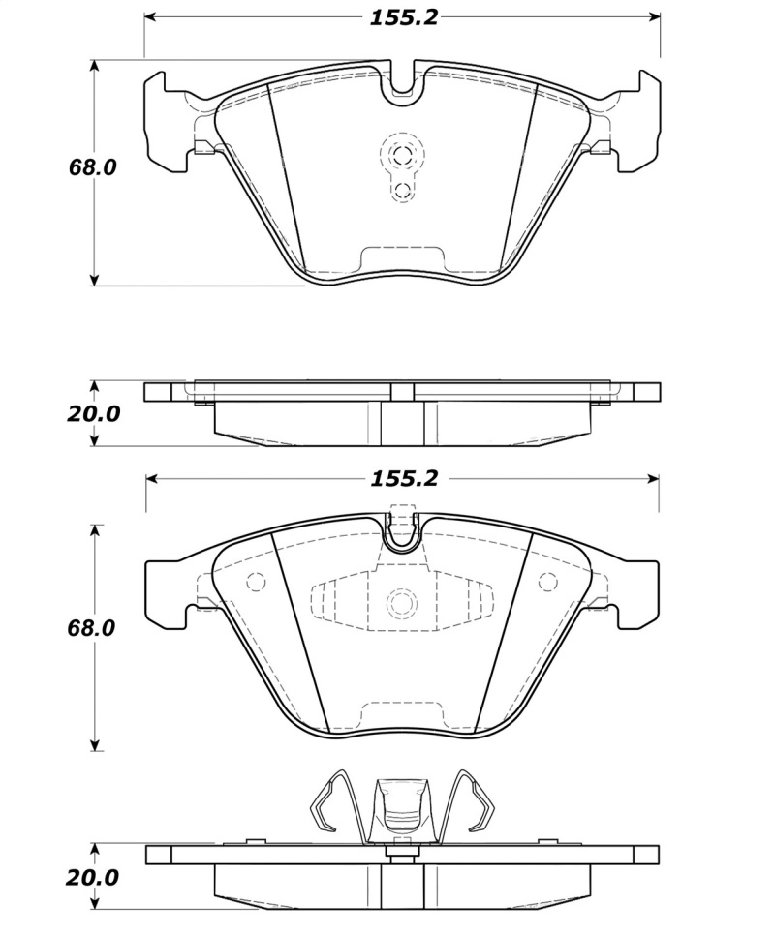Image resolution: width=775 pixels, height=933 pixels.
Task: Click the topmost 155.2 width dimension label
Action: click(x=403, y=18)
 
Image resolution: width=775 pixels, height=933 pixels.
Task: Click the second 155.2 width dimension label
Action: click(x=403, y=478)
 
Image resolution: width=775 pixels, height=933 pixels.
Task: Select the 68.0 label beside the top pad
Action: click(x=92, y=167)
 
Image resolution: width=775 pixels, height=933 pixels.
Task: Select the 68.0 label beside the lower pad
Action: click(x=92, y=628)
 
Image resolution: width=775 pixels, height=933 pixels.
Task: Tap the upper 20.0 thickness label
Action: click(x=94, y=413)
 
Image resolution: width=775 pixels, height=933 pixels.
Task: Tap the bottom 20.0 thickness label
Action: click(x=94, y=878)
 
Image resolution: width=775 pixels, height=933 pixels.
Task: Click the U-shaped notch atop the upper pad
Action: click(x=402, y=85)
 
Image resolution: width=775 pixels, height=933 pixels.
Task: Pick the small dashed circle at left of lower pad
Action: click(x=257, y=583)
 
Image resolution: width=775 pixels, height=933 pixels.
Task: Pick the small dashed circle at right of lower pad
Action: click(x=547, y=582)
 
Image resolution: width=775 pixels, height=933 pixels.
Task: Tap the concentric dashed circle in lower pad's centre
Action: click(x=402, y=603)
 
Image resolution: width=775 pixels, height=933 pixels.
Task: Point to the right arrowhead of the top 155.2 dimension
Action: click(x=654, y=18)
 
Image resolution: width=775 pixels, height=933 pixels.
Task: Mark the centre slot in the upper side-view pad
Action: click(x=402, y=421)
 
